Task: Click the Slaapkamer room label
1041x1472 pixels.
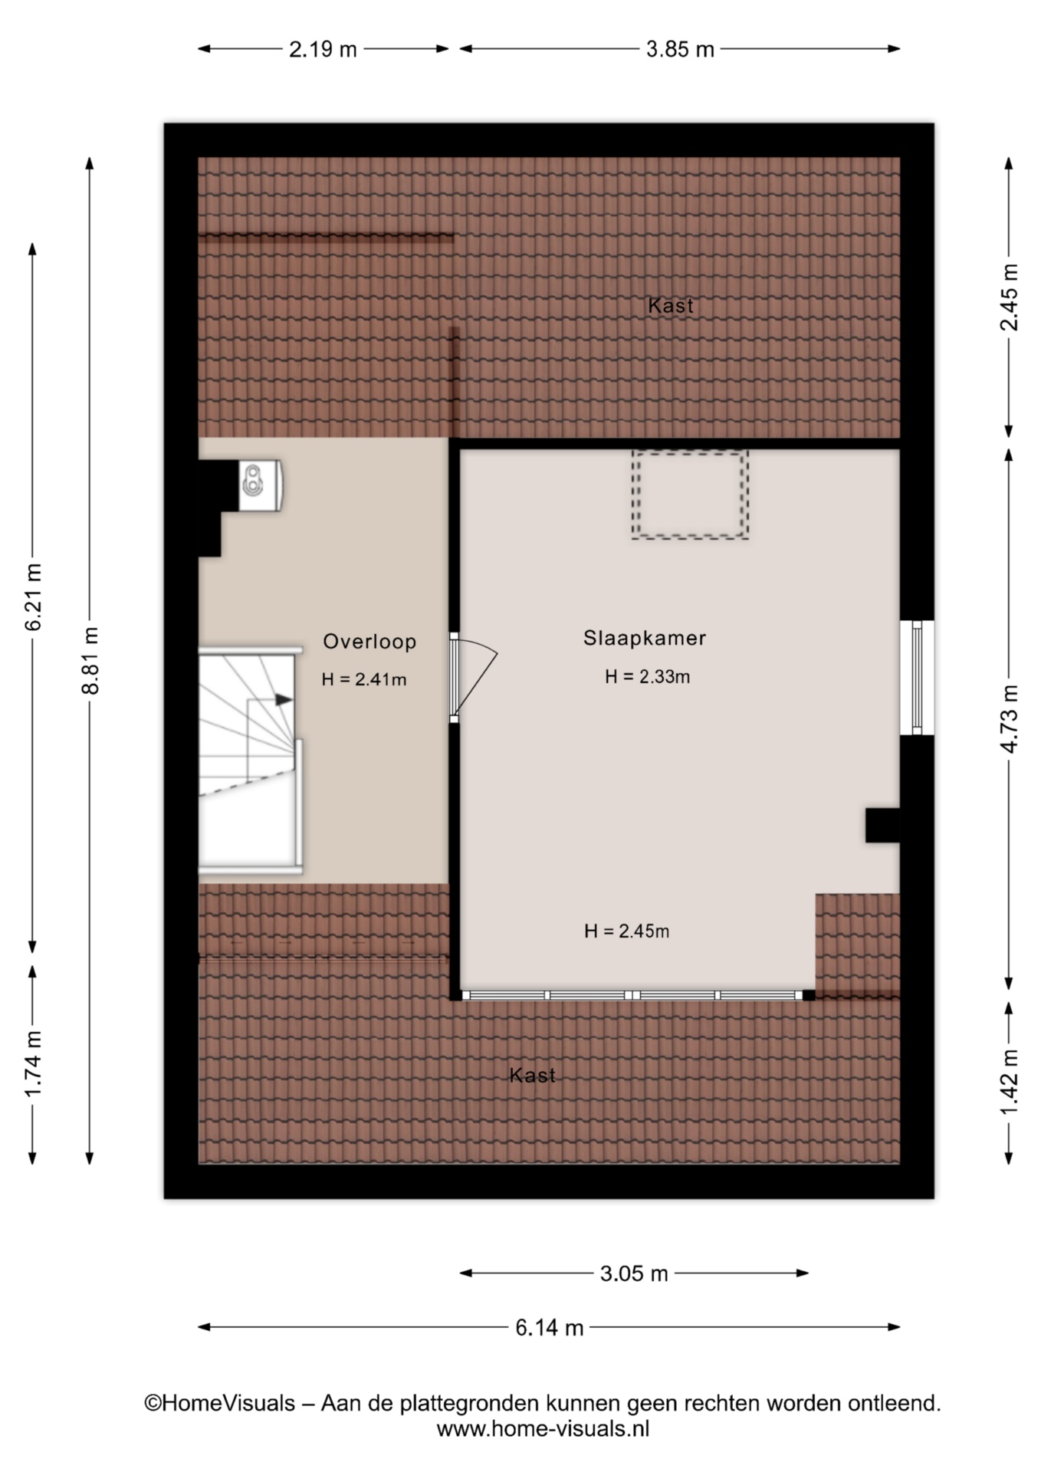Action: tap(645, 638)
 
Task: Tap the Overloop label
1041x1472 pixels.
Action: tap(369, 642)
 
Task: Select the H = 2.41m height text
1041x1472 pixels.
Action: tap(364, 679)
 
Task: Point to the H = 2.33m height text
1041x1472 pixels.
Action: tap(648, 676)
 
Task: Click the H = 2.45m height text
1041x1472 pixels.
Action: tap(627, 931)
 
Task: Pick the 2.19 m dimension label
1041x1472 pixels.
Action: tap(323, 50)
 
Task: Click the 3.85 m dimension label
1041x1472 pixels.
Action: tap(680, 50)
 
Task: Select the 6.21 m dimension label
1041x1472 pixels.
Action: tap(34, 597)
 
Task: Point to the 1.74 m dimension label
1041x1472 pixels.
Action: tap(34, 1064)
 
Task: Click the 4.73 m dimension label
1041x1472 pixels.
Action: tap(1010, 719)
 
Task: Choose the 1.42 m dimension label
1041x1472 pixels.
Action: tap(1010, 1083)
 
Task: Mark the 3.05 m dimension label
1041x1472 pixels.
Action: tap(634, 1273)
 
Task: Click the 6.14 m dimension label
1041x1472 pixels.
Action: tap(549, 1327)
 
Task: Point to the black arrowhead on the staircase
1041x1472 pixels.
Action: tap(284, 699)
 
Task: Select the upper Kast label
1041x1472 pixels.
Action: tap(671, 306)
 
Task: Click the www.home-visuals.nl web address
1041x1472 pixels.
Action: tap(543, 1428)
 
